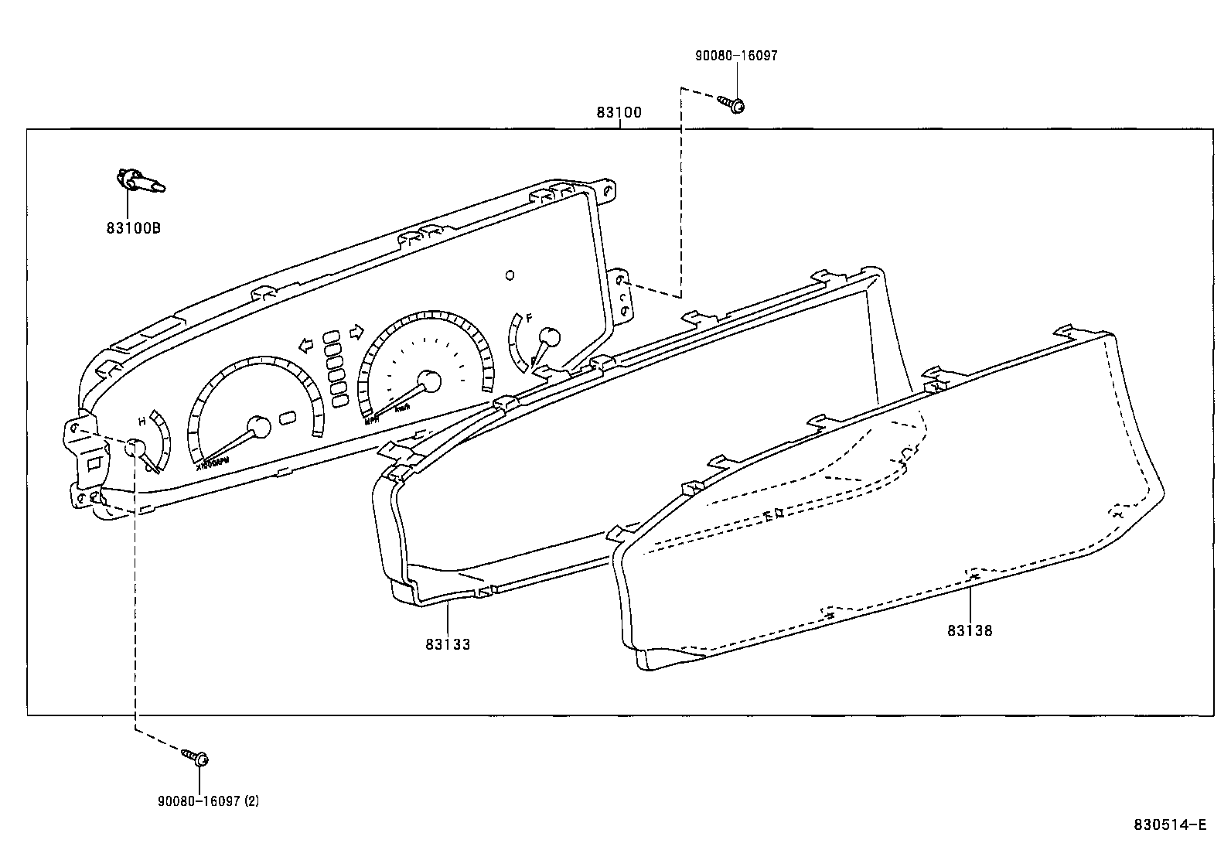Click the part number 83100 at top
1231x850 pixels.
coord(619,113)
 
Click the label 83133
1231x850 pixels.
coord(447,643)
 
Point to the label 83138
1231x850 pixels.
coord(970,630)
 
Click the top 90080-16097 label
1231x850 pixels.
coord(736,56)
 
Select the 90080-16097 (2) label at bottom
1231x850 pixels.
coord(209,801)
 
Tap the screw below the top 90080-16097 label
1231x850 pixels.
coord(733,104)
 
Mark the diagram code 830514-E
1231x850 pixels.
coord(1170,824)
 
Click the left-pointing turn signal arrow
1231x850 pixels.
coord(307,343)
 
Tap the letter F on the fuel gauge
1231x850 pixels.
coord(530,318)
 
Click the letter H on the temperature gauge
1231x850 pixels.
coord(142,422)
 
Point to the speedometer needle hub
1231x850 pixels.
coord(428,381)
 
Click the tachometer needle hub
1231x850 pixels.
coord(259,428)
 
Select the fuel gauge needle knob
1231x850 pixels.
coord(548,337)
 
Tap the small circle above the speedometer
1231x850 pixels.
coord(509,275)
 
